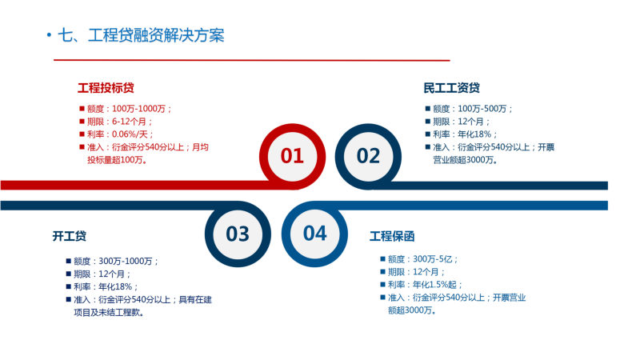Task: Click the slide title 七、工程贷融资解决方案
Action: tap(142, 35)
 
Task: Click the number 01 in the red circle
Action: tap(292, 156)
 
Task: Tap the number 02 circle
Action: tap(368, 156)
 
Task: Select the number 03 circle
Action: tap(238, 234)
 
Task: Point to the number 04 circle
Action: tap(314, 234)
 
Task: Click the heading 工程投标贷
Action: tap(106, 88)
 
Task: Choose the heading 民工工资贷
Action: tap(451, 88)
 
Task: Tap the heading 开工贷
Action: tap(70, 236)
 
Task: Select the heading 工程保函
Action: tap(392, 236)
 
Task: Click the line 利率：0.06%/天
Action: tap(120, 134)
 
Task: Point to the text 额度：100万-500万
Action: tap(472, 109)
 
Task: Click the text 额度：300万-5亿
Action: tap(422, 259)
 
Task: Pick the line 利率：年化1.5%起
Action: tap(425, 285)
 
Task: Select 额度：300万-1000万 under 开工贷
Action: tap(116, 262)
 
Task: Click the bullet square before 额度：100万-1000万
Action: tap(82, 109)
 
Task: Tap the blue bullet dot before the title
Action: tap(49, 35)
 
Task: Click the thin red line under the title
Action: tap(252, 61)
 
